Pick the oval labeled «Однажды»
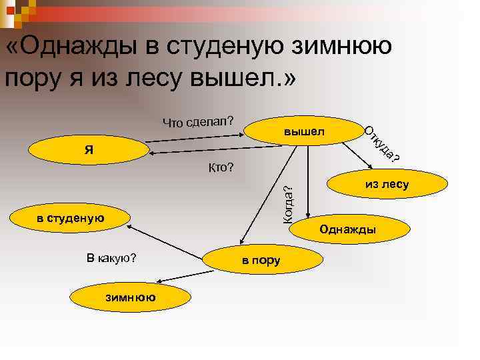coord(347,229)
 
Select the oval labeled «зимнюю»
coord(130,297)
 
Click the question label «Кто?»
coord(221,167)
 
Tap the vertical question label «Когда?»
coord(289,201)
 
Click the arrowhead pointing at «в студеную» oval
coord(128,227)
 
